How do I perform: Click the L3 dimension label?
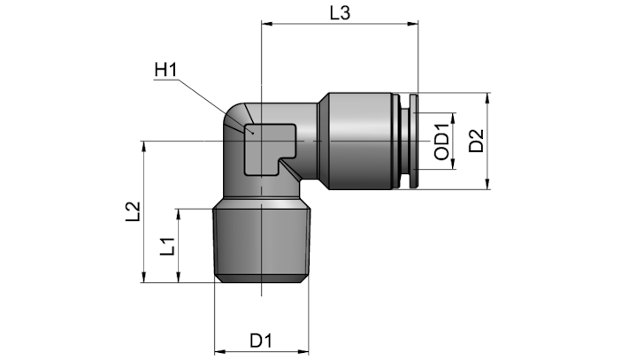click(x=341, y=13)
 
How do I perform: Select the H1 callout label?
click(x=165, y=70)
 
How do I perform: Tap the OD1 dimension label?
click(x=442, y=142)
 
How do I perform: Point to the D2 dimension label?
click(x=477, y=141)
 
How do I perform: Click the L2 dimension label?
click(x=133, y=211)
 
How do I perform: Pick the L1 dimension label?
click(x=167, y=246)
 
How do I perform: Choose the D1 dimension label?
click(x=261, y=341)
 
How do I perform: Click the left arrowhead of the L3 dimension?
click(x=266, y=24)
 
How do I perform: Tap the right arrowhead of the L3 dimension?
click(x=413, y=24)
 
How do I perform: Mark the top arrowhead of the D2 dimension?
click(x=487, y=98)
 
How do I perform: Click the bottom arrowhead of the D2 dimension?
click(x=487, y=185)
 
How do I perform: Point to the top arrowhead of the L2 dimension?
click(x=144, y=146)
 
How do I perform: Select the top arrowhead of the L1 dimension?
click(x=179, y=214)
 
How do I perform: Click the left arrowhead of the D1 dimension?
click(x=219, y=351)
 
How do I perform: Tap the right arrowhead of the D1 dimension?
click(x=303, y=351)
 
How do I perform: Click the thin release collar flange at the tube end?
click(x=414, y=141)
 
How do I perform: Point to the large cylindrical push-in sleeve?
click(x=361, y=141)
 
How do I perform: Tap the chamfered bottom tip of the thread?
click(x=261, y=280)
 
